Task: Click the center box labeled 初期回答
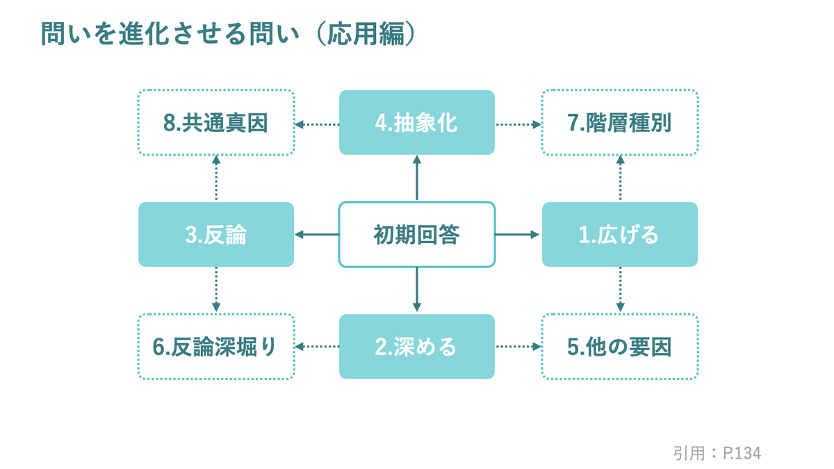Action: coord(416,235)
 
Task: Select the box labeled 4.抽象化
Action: coord(416,122)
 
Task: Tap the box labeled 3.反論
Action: coord(216,235)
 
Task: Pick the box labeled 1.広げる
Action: coord(619,235)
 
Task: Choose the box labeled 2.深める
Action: coord(416,347)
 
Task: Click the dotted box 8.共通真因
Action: coord(216,122)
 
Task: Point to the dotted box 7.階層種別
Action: coord(619,122)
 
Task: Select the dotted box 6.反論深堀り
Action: coord(216,347)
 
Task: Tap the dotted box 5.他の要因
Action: coord(619,347)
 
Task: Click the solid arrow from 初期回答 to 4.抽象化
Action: coord(417,178)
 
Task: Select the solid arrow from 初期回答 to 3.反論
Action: coord(317,235)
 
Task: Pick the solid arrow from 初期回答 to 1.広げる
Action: coord(517,235)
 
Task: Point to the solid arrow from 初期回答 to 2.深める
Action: coord(417,290)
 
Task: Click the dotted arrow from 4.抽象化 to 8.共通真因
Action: coord(317,124)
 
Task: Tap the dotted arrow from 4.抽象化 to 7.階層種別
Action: coord(518,124)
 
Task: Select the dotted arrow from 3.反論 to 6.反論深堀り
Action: coord(216,290)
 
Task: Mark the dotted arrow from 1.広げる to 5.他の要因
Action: coord(620,290)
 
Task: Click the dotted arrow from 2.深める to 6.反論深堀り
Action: coord(317,347)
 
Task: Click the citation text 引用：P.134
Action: coord(717,453)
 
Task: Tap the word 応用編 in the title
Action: coord(366,33)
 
